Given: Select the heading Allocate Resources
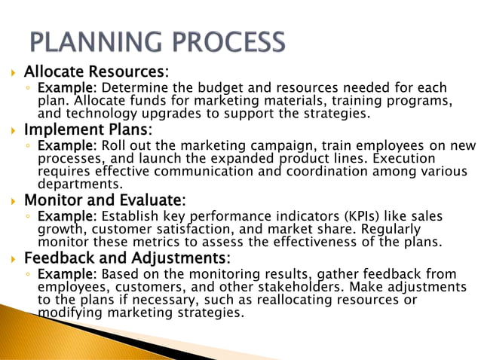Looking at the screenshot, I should [94, 72].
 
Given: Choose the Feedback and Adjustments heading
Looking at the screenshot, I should [125, 258].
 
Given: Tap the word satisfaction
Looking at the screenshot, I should [194, 230].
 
